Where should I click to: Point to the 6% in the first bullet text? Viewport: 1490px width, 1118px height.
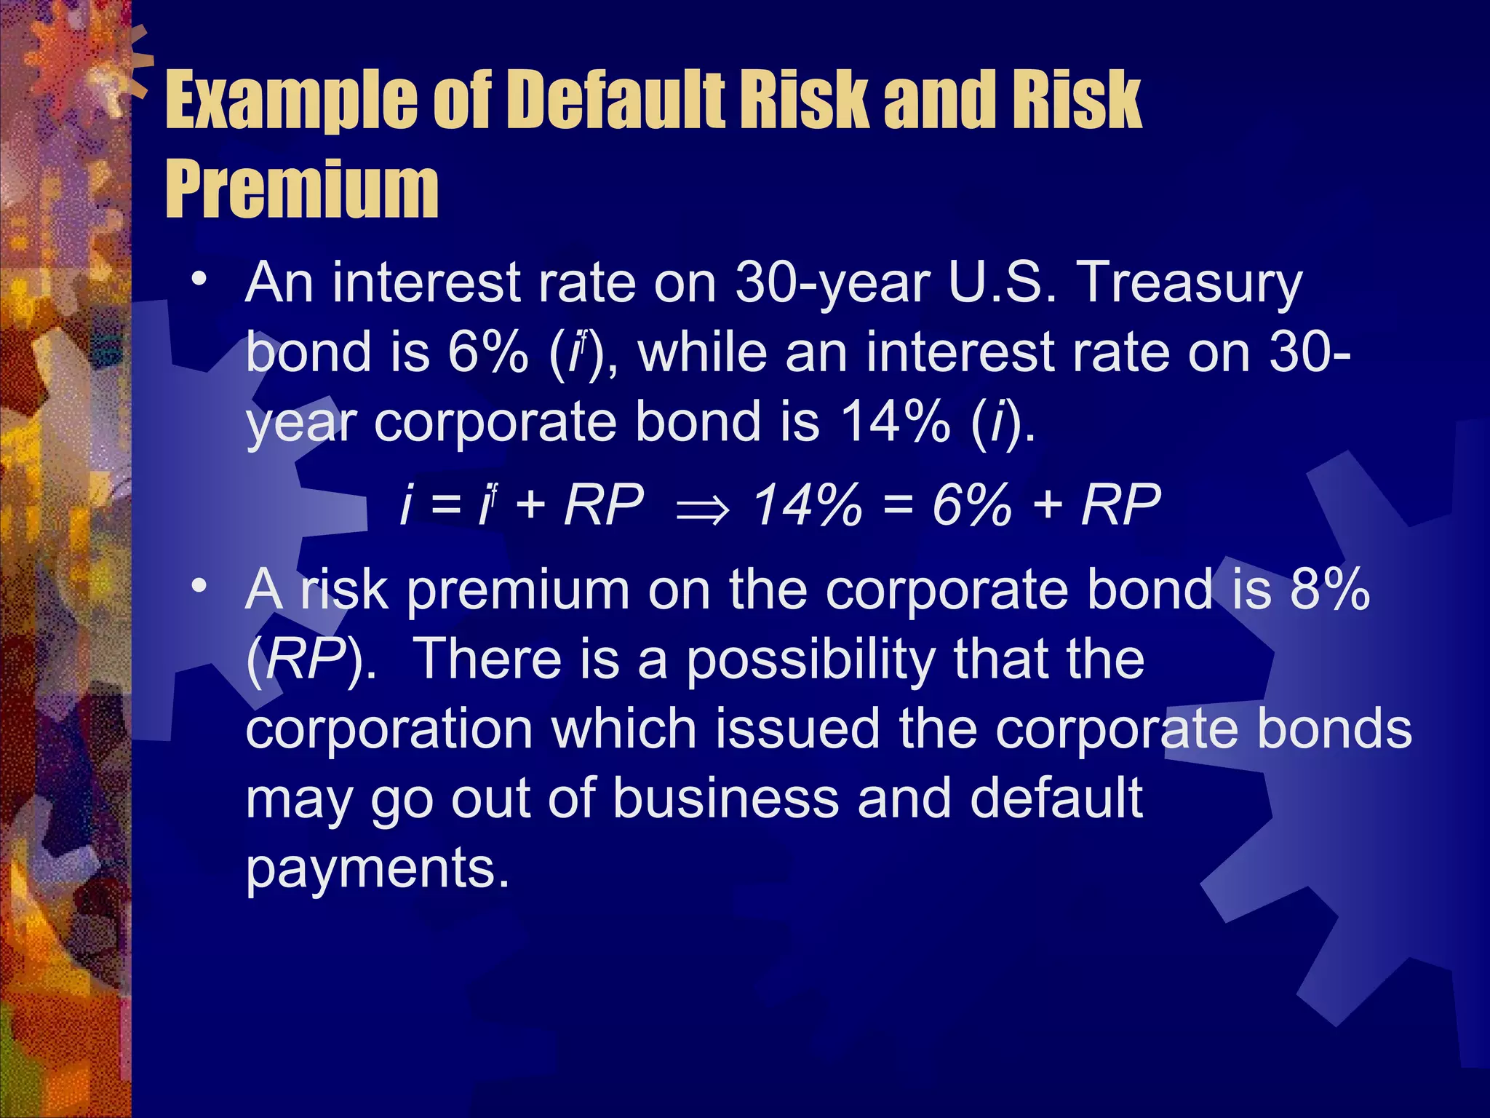pyautogui.click(x=488, y=352)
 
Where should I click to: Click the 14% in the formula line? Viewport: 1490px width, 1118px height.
pyautogui.click(x=808, y=505)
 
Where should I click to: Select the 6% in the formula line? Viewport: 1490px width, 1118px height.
pyautogui.click(x=972, y=505)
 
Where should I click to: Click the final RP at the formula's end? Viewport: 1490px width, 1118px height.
pyautogui.click(x=1121, y=505)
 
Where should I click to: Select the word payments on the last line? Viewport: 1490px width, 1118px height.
pyautogui.click(x=377, y=869)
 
